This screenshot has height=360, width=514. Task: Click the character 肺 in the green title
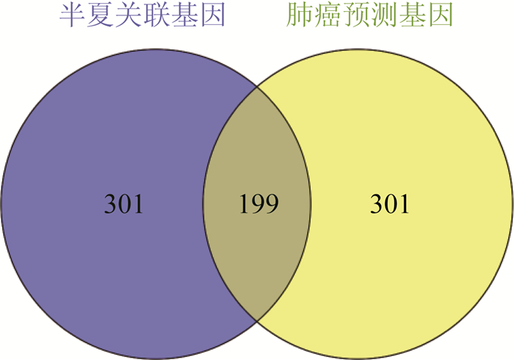tap(299, 15)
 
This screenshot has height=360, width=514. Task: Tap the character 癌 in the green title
tap(327, 15)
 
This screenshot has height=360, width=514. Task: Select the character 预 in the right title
tap(355, 15)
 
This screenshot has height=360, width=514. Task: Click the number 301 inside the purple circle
tap(123, 204)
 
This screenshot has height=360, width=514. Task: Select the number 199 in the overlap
tap(258, 204)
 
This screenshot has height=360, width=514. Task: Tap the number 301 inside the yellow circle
tap(390, 204)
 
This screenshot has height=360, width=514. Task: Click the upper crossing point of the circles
tap(257, 87)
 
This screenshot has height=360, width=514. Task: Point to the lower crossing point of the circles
tap(257, 320)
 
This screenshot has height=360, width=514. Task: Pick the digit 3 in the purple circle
tap(110, 204)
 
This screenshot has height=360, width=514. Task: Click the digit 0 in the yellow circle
tap(389, 204)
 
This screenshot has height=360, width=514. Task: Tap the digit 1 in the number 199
tap(245, 204)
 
